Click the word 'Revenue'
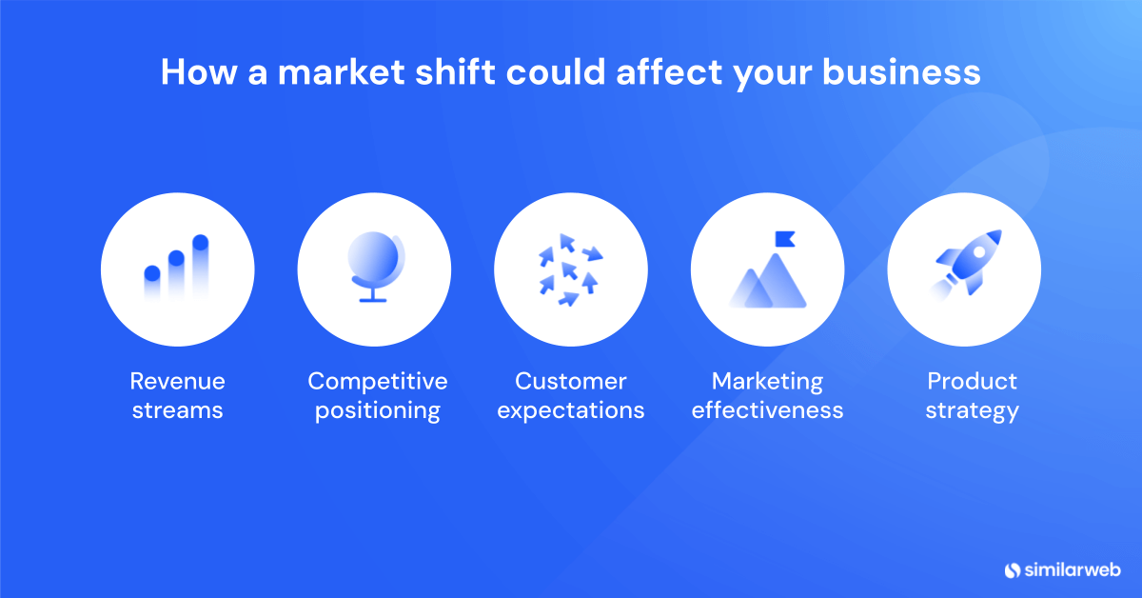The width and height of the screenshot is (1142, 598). click(178, 382)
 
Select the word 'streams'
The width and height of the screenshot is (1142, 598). click(178, 411)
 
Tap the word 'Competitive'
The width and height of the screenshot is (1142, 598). click(377, 382)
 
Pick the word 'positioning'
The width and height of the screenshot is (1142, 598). click(377, 411)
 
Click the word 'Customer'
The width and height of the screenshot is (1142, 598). click(571, 382)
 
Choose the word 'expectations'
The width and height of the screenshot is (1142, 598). click(571, 411)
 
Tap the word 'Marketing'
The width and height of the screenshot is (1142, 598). click(767, 382)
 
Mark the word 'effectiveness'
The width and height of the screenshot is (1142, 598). click(767, 411)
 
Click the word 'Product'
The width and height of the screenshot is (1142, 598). click(972, 382)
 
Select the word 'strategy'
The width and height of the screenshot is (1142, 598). click(972, 411)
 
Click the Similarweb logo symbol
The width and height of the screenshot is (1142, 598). click(1013, 569)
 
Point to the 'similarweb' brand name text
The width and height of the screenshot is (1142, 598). click(1070, 569)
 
